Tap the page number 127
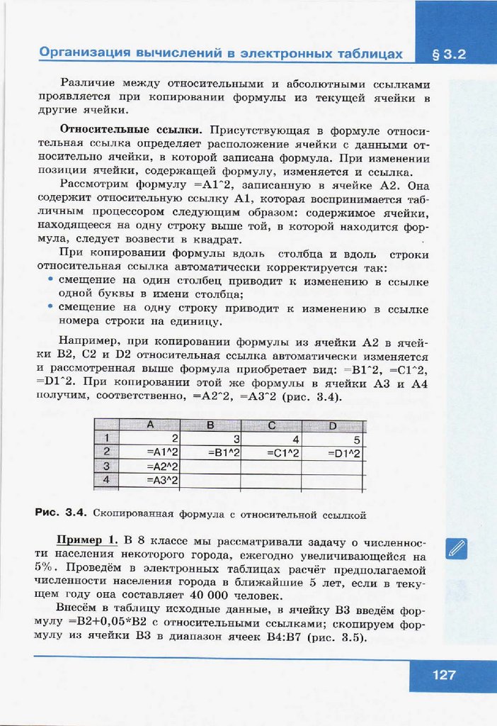click(444, 675)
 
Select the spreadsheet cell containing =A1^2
click(152, 452)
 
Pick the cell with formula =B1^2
click(210, 452)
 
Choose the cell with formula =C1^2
click(271, 452)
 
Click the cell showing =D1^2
click(333, 452)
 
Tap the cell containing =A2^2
click(152, 467)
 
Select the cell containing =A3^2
click(152, 481)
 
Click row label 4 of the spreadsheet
click(106, 481)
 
